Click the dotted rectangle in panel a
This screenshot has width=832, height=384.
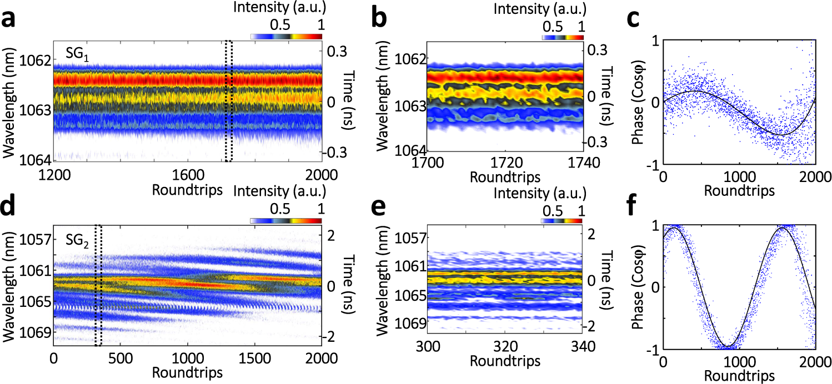[x=228, y=100]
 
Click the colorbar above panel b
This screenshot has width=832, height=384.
[x=562, y=37]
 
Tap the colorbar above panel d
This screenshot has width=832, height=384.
[x=285, y=220]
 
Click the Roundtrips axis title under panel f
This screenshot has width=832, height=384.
[x=739, y=376]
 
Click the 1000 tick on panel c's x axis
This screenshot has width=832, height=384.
[x=738, y=177]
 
